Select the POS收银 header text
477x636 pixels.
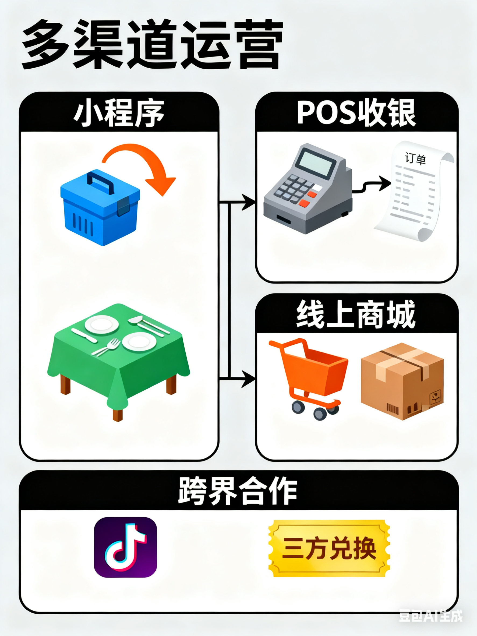(356, 113)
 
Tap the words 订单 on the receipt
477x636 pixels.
(415, 159)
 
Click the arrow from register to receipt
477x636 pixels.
(374, 185)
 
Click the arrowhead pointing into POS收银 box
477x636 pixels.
(249, 202)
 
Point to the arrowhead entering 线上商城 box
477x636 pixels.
(249, 379)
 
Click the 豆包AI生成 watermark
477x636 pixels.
(430, 616)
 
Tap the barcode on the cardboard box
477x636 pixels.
(393, 408)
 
